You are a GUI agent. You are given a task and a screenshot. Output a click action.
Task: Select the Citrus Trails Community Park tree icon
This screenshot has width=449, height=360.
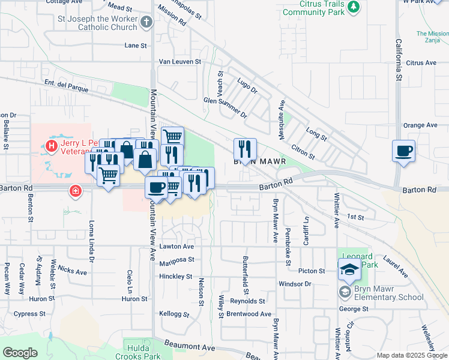[354, 7]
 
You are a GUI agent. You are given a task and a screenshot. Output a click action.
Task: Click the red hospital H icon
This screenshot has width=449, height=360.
[52, 145]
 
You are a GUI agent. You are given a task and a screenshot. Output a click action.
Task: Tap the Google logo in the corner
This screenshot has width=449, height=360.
[20, 353]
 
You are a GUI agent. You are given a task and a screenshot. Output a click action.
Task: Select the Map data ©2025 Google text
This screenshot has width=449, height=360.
[412, 355]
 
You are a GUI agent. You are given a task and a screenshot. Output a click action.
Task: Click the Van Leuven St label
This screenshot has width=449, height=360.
[179, 61]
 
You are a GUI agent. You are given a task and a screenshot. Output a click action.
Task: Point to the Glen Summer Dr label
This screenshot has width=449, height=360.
[225, 106]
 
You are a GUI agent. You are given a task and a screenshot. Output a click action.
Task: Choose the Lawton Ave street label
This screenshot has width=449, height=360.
[176, 247]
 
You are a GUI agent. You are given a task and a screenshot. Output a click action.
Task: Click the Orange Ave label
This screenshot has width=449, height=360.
[420, 125]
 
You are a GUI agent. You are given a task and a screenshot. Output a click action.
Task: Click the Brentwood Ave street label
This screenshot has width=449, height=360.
[249, 314]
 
